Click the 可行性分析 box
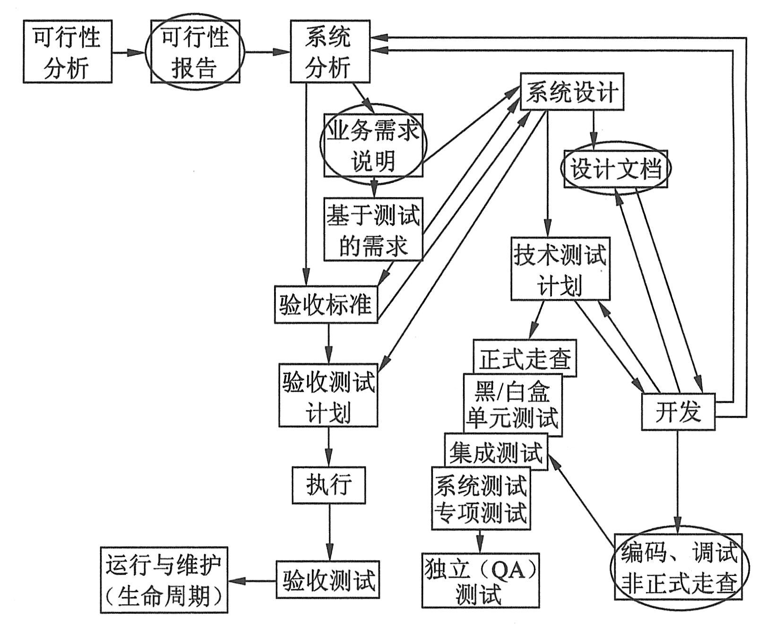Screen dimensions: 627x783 [67, 52]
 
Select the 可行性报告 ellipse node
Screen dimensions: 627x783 [195, 52]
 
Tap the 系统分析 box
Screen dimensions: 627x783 [329, 52]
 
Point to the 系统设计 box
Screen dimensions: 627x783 [571, 91]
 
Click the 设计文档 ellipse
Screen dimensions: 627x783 [615, 169]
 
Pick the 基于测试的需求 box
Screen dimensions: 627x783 [373, 229]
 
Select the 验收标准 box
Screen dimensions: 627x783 [326, 304]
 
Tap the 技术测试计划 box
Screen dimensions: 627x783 [560, 268]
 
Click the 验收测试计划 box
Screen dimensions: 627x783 [328, 395]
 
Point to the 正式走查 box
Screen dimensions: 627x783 [525, 358]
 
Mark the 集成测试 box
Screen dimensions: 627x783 [496, 451]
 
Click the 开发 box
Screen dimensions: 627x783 [678, 412]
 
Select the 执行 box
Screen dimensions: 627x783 [328, 485]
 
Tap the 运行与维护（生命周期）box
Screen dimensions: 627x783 [163, 580]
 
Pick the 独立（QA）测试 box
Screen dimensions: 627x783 [481, 580]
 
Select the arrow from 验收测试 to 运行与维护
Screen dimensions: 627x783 [252, 581]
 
